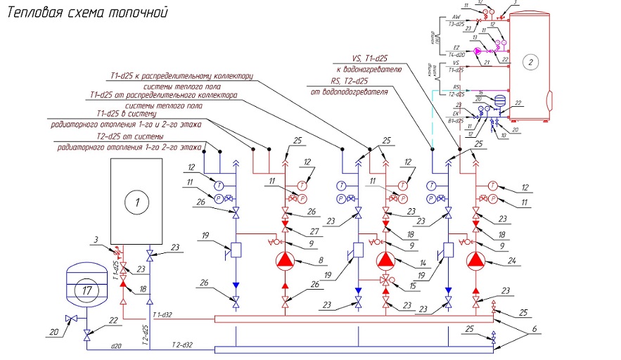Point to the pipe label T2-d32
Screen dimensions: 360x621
click(181, 344)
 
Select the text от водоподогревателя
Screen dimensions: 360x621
click(349, 92)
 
